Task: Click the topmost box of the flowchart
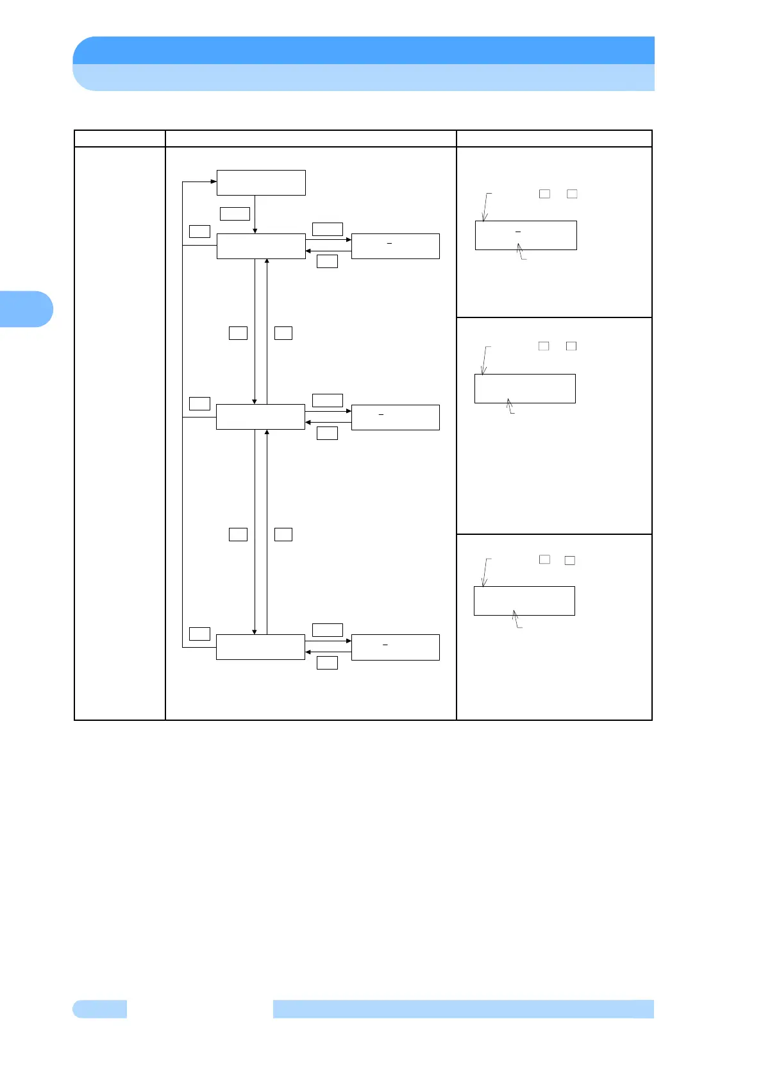(261, 182)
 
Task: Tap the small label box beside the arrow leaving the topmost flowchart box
(235, 214)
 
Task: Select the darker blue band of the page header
(364, 50)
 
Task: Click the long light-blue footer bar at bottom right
(463, 1009)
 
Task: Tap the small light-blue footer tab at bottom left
(100, 1009)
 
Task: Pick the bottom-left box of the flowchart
(260, 646)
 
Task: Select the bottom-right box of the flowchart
(396, 647)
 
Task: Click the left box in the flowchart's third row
(260, 417)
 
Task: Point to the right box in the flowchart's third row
(396, 418)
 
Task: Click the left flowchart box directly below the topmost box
(261, 246)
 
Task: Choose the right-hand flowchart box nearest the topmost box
(396, 246)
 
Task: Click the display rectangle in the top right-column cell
(526, 235)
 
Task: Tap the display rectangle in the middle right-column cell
(525, 389)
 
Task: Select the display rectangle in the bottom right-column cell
(524, 601)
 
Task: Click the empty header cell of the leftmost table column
(120, 139)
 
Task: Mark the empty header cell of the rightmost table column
(554, 139)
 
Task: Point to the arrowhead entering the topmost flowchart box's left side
(214, 181)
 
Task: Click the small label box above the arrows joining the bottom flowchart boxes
(328, 630)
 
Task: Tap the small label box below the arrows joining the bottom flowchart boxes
(328, 662)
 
